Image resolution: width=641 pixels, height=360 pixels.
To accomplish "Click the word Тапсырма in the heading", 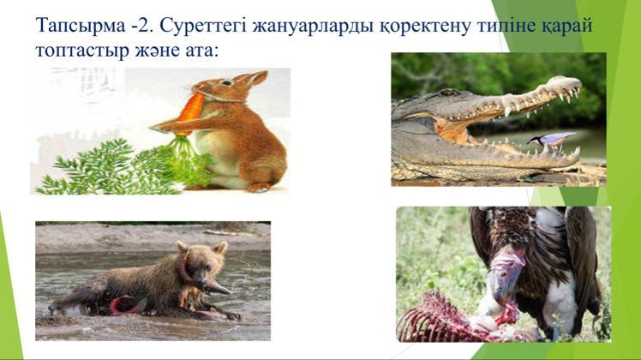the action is click(81, 27).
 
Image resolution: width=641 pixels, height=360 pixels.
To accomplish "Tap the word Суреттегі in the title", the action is click(203, 27).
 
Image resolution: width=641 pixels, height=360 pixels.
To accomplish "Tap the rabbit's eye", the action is click(225, 82).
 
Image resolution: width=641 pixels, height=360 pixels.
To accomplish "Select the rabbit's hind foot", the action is click(259, 188).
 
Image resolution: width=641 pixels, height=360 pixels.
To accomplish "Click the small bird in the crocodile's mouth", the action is click(553, 140).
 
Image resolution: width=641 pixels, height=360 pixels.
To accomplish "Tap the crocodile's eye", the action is click(450, 92).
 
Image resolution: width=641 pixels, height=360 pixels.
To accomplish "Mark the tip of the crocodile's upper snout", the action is click(579, 83).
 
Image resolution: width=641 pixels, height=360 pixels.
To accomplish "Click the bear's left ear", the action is click(222, 247).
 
